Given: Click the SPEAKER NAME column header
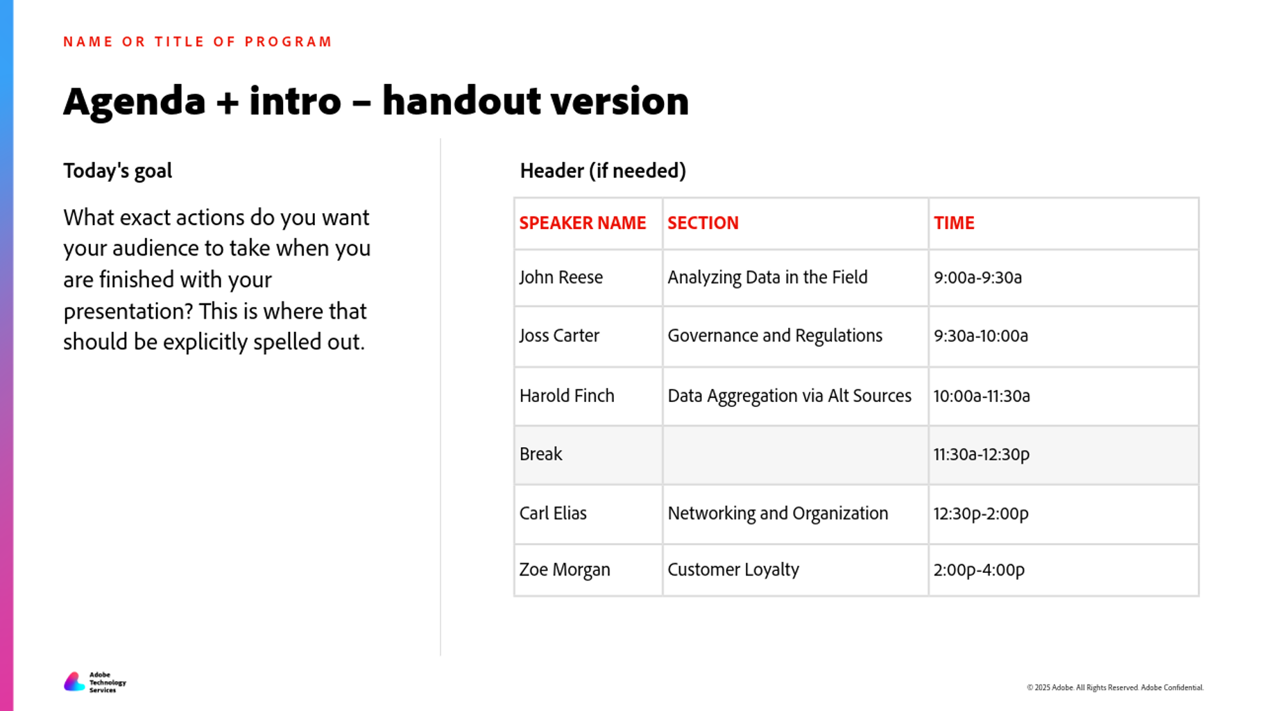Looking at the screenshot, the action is pos(582,223).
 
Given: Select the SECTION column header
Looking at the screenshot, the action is pos(703,223).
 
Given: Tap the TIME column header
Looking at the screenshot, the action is pos(954,223).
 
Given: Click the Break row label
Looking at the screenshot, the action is pos(540,454).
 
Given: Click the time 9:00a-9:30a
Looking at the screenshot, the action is pos(977,278).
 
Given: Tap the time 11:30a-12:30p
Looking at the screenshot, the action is pos(982,454).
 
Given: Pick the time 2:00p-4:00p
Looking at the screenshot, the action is pos(979,570).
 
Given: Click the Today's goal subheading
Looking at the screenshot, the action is pos(117,171).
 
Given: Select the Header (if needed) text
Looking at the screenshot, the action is pos(603,171).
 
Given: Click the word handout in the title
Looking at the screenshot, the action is pos(461,101).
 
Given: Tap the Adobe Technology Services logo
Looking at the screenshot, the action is pos(95,682).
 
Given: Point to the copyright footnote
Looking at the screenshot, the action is pos(1115,687).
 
